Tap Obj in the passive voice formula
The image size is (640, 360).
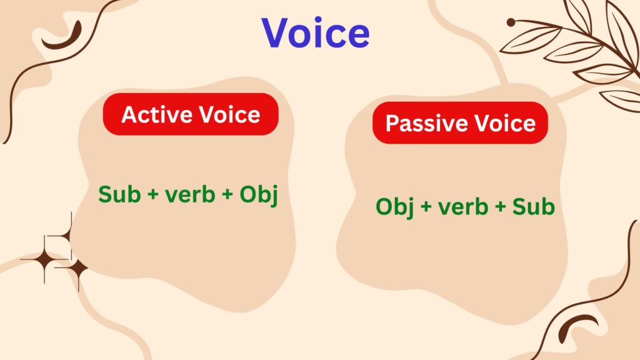(x=395, y=207)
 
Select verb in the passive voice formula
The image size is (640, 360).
(x=463, y=207)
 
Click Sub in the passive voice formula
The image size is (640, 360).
(x=533, y=207)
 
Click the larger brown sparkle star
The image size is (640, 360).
(x=44, y=259)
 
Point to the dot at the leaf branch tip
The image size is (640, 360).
(x=511, y=22)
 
